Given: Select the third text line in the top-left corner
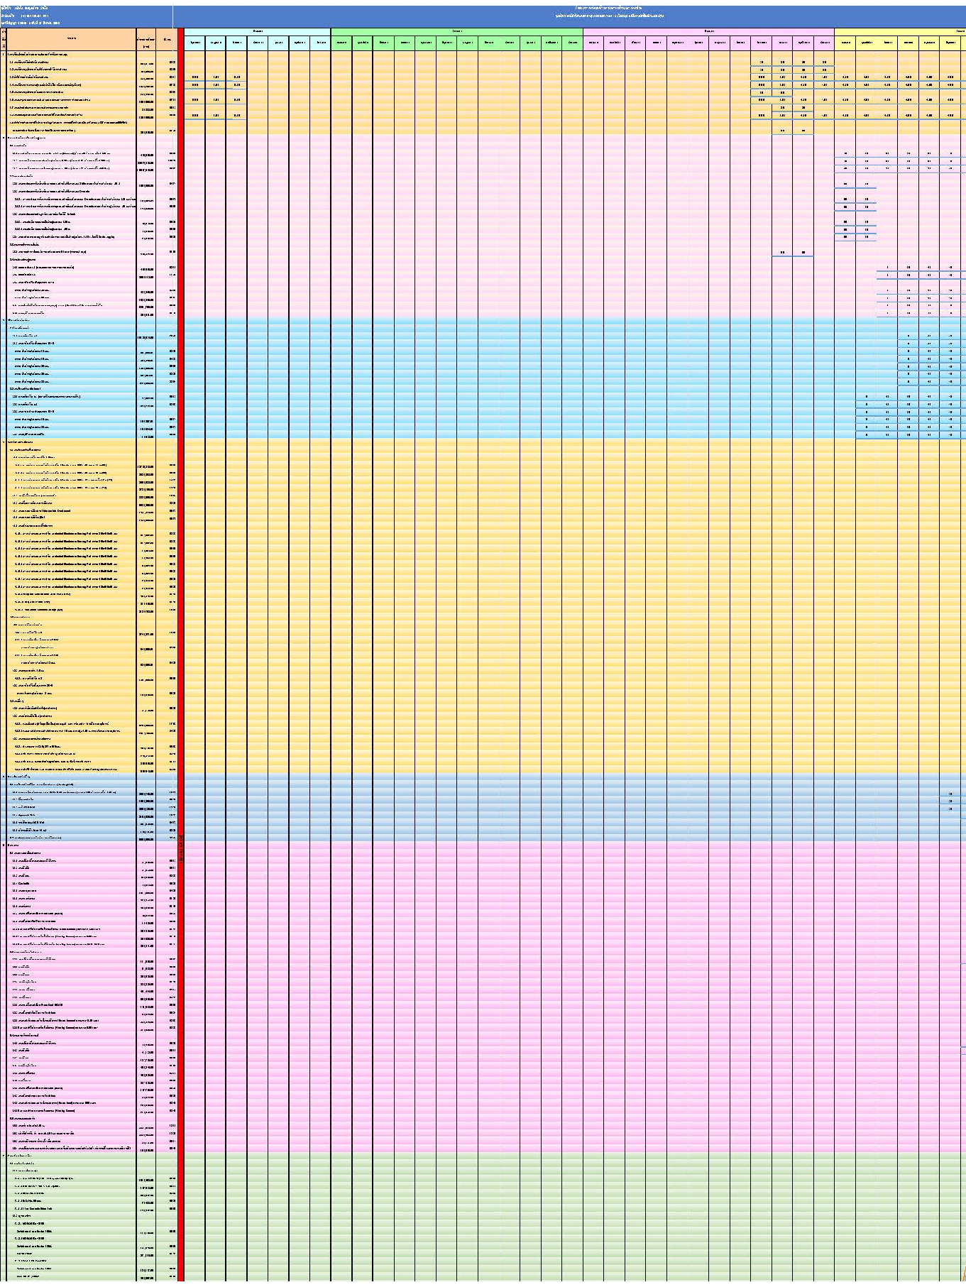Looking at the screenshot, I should [x=35, y=23].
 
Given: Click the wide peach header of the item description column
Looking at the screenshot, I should [x=72, y=38].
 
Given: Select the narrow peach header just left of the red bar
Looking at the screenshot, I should [x=167, y=39].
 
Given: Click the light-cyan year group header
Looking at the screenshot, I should [x=257, y=31].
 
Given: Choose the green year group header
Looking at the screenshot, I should [x=457, y=31].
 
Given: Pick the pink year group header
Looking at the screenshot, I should [x=708, y=31].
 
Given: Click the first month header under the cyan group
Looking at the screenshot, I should [x=194, y=43].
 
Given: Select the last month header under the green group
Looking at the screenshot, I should [x=572, y=43].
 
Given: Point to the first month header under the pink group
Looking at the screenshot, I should [x=593, y=43].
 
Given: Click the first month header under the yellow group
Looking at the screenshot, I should [x=845, y=43].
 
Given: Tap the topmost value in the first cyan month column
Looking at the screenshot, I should [x=194, y=77].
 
